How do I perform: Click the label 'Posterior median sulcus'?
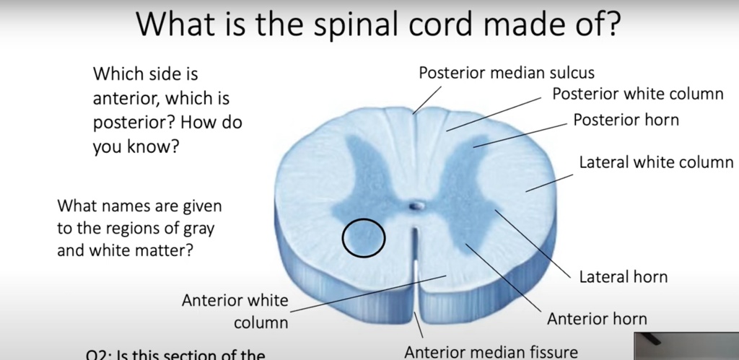tap(507, 73)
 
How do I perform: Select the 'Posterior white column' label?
tap(637, 95)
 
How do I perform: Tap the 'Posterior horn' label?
tap(626, 120)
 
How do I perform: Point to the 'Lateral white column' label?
tap(655, 162)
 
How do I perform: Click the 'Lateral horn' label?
tap(624, 277)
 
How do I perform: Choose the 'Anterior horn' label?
tap(597, 318)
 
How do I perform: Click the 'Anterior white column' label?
tap(235, 310)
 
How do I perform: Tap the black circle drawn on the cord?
tap(363, 237)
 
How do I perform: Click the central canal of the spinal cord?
tap(415, 206)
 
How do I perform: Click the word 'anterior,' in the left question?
tap(125, 98)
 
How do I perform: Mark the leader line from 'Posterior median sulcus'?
tap(428, 99)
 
